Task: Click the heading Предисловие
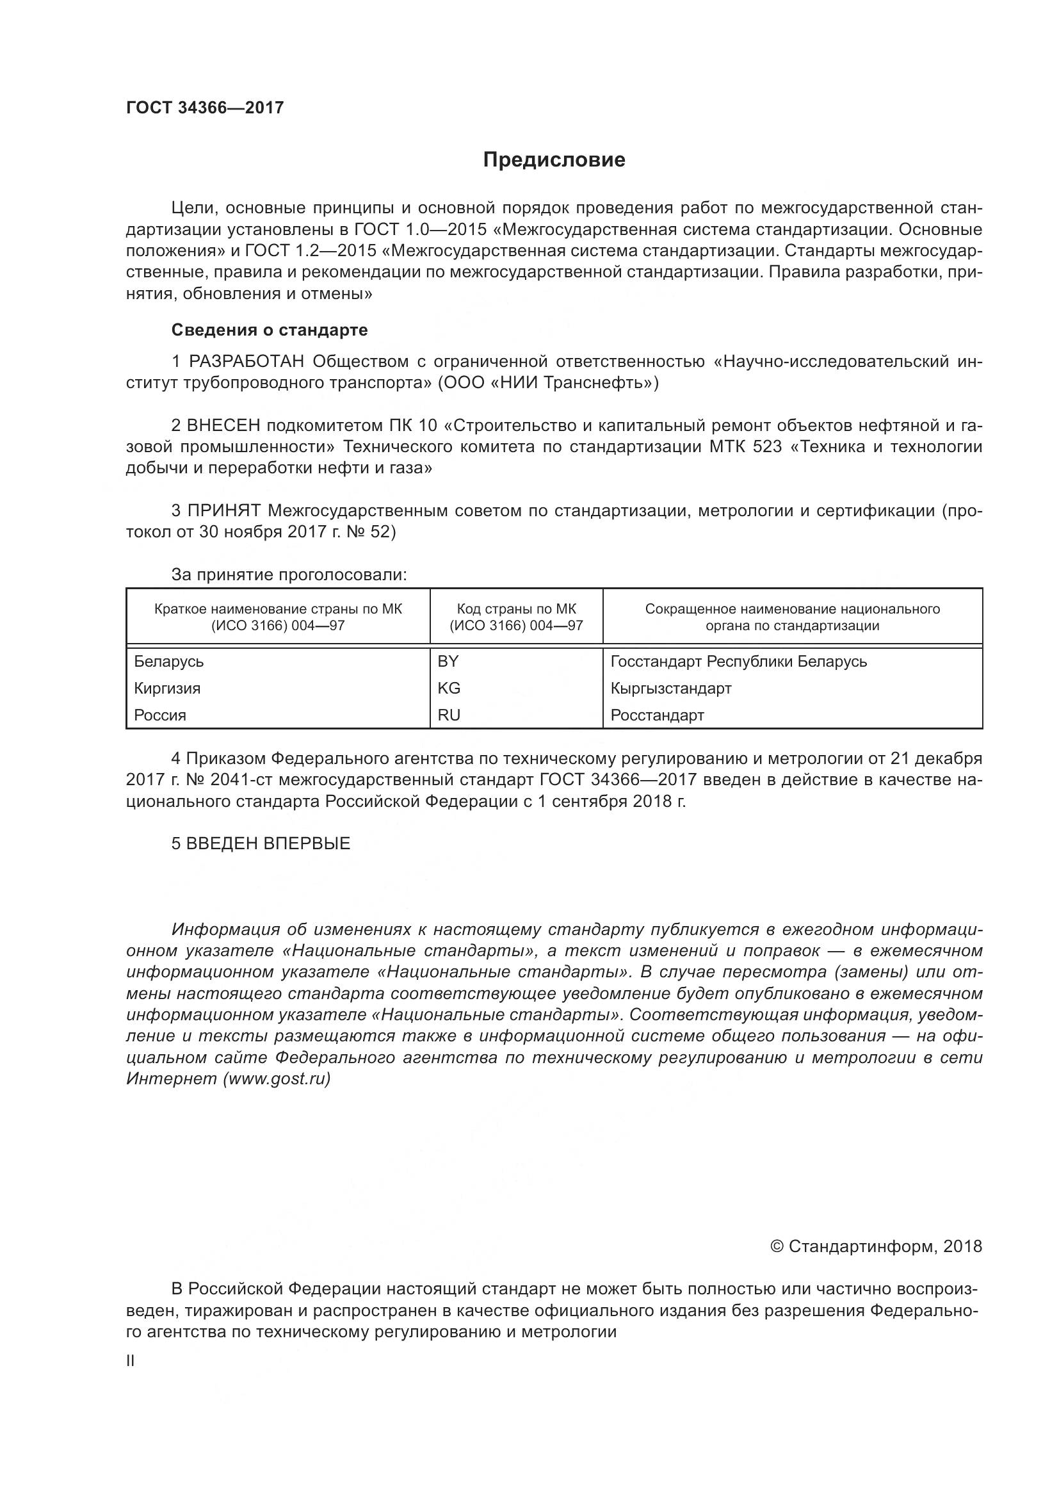point(554,160)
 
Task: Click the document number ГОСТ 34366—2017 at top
point(205,108)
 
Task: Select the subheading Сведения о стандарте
point(270,330)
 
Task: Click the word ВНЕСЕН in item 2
point(223,425)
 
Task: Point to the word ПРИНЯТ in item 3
point(224,510)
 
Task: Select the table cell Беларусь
point(169,662)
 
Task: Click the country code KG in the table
point(449,688)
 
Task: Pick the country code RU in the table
point(449,715)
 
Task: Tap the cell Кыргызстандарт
point(671,688)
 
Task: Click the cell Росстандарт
point(658,715)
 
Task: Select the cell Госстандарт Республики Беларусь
point(739,662)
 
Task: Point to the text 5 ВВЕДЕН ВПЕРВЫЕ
point(261,843)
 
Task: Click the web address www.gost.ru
point(277,1079)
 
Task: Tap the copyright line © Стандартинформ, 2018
point(876,1247)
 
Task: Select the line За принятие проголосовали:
point(289,574)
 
